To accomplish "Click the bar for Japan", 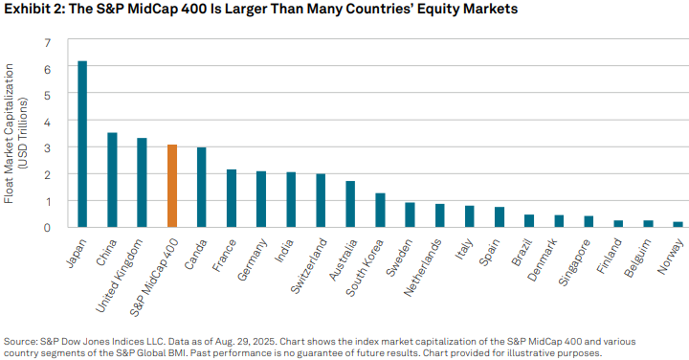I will click(82, 144).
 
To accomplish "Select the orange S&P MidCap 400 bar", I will click(171, 186).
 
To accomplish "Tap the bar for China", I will click(112, 180).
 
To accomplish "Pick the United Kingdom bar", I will click(142, 183).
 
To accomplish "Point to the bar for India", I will click(291, 200).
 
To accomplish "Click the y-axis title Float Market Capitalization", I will click(10, 134).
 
